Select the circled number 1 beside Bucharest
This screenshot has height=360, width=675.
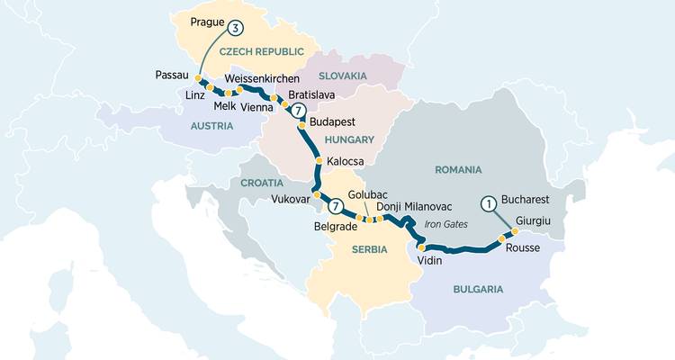tap(489, 203)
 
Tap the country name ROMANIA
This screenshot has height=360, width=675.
tap(458, 169)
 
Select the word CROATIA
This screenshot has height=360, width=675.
tap(262, 183)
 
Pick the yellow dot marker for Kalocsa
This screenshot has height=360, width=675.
tap(319, 162)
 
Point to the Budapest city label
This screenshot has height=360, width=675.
tap(332, 121)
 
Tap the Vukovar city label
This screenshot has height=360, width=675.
tap(290, 199)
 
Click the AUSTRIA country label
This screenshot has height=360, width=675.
tap(211, 127)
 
